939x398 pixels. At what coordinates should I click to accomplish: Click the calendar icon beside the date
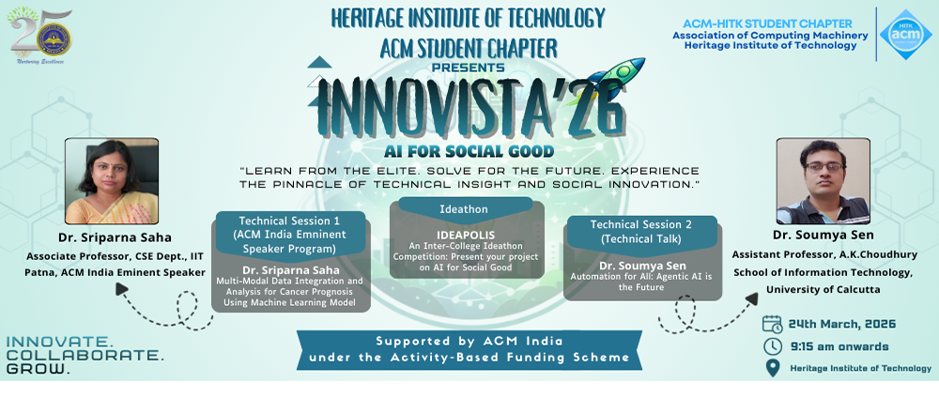pos(773,324)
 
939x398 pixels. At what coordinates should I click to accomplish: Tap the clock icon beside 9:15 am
pos(773,346)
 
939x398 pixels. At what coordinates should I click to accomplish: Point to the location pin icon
pos(773,368)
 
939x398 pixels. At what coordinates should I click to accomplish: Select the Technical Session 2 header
pos(641,231)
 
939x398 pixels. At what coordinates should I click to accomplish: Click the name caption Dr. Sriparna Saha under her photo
pos(115,238)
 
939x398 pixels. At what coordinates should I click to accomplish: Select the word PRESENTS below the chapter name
pos(468,68)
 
